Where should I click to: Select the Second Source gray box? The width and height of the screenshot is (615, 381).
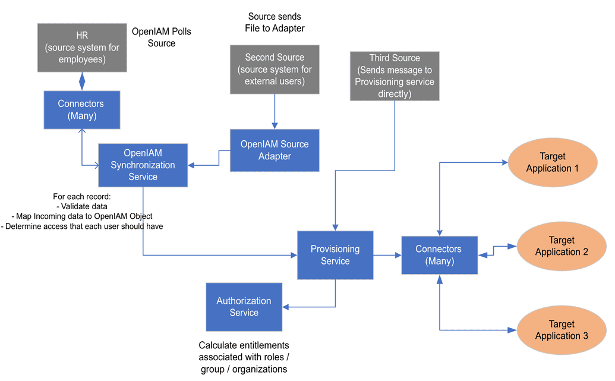click(275, 70)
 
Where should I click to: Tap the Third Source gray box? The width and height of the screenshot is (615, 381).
click(395, 75)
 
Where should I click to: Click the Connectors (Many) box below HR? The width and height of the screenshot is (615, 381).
click(82, 110)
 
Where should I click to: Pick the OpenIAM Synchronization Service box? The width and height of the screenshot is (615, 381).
click(143, 165)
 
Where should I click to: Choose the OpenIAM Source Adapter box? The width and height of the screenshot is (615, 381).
click(275, 150)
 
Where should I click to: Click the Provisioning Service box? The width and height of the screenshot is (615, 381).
click(335, 255)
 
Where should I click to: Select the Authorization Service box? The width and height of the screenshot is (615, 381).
click(244, 307)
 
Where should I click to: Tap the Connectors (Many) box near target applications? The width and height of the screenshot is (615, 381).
click(439, 255)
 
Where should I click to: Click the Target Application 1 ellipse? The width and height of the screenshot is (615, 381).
click(553, 162)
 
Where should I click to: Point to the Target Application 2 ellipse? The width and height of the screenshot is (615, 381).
click(562, 246)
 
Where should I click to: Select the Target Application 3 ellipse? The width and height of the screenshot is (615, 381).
click(562, 330)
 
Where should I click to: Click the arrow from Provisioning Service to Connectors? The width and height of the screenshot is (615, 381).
click(387, 255)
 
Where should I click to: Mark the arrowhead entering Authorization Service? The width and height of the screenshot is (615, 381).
click(286, 307)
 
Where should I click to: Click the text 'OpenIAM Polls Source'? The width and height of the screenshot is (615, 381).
click(161, 37)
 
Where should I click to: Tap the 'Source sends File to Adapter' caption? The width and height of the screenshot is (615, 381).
click(274, 22)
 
